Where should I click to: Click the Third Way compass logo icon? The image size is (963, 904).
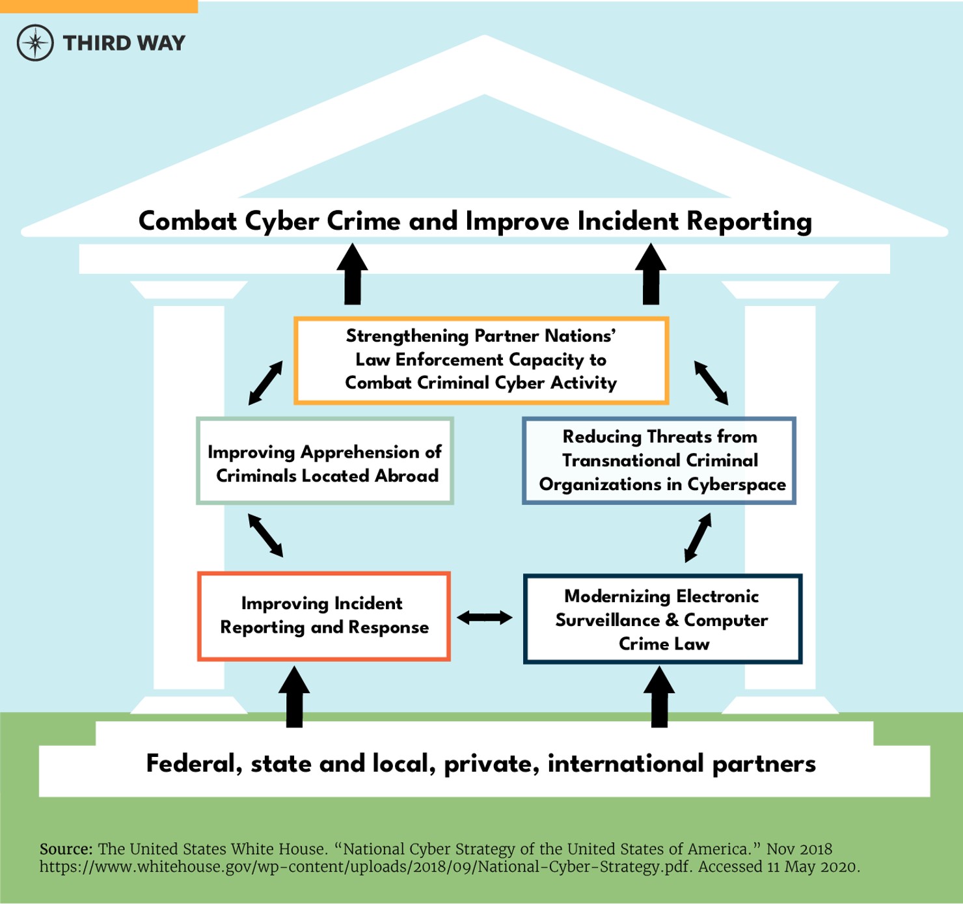click(x=35, y=43)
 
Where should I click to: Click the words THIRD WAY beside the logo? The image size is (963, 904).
click(x=124, y=43)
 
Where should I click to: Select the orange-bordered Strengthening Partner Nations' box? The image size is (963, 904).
click(x=481, y=360)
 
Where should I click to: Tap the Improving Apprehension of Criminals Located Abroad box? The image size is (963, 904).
click(x=324, y=461)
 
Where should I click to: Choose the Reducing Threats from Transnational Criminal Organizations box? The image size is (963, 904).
click(x=659, y=461)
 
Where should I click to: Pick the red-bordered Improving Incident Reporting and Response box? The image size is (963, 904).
click(x=323, y=616)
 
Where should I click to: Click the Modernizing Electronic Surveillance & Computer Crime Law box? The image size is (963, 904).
click(x=662, y=619)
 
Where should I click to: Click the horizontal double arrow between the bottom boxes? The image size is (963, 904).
click(x=485, y=617)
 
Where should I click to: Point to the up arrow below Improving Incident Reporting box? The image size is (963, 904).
click(x=294, y=696)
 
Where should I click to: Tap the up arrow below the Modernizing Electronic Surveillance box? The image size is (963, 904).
click(x=659, y=696)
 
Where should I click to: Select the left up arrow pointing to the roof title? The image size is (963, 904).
click(x=353, y=274)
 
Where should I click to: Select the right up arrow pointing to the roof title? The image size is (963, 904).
click(x=651, y=274)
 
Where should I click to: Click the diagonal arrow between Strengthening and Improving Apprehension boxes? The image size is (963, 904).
click(x=265, y=383)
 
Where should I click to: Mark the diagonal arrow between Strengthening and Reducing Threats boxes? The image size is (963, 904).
click(x=711, y=383)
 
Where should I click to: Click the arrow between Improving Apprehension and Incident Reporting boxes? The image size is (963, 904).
click(x=265, y=535)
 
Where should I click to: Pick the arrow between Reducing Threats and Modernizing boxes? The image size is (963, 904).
click(x=698, y=538)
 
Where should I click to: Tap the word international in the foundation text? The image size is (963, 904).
click(x=626, y=763)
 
